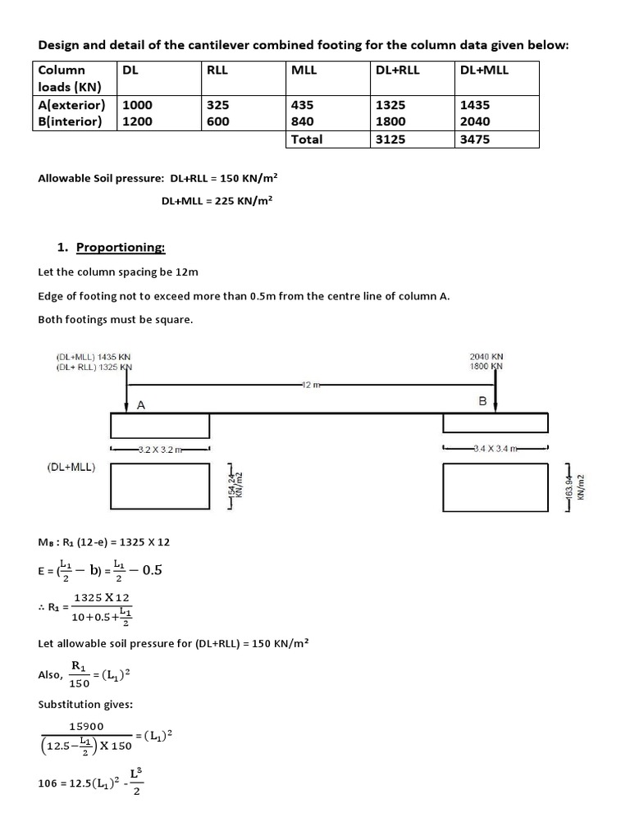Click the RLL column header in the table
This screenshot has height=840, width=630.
[x=217, y=71]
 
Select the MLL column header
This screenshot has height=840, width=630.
[x=304, y=71]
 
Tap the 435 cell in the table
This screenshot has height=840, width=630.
[x=302, y=106]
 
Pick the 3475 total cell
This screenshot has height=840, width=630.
[x=475, y=139]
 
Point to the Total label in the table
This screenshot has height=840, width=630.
[x=308, y=139]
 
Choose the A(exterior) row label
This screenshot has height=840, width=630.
[x=72, y=106]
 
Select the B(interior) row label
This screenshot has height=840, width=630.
[x=71, y=122]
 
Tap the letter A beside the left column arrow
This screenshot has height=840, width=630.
[x=141, y=403]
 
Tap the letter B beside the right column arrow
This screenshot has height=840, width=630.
[x=482, y=401]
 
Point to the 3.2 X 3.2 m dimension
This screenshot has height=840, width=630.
[x=161, y=449]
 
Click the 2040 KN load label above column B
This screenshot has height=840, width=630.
[x=486, y=357]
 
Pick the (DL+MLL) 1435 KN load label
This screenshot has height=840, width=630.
[x=94, y=357]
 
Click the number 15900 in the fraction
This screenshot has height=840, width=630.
[x=86, y=727]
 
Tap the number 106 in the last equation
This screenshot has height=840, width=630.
[x=48, y=783]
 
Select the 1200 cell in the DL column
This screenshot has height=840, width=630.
[x=137, y=122]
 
